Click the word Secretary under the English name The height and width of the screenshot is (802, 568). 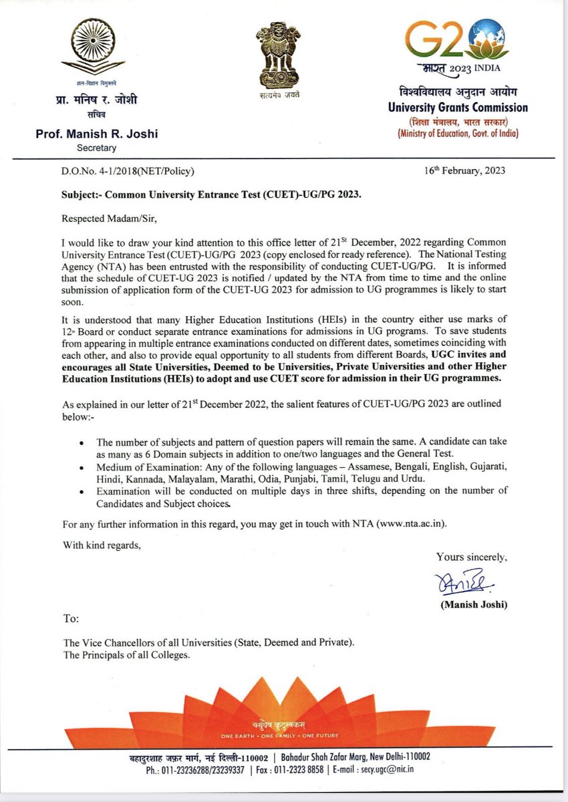pyautogui.click(x=96, y=148)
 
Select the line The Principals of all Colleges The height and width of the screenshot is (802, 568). pyautogui.click(x=127, y=655)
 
